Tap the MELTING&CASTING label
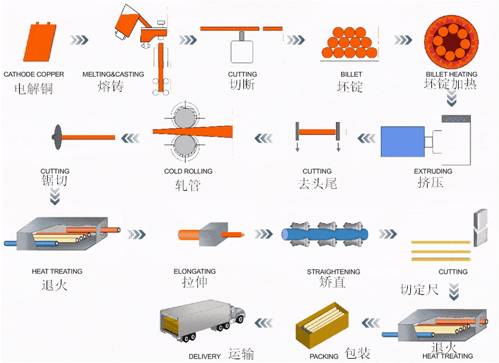tap(113, 74)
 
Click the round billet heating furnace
tap(451, 41)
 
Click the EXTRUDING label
tap(433, 171)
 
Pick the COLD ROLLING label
tap(188, 171)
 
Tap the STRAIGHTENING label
tap(333, 271)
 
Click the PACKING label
tap(324, 356)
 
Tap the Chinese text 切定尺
tap(420, 289)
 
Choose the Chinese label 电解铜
tap(34, 89)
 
